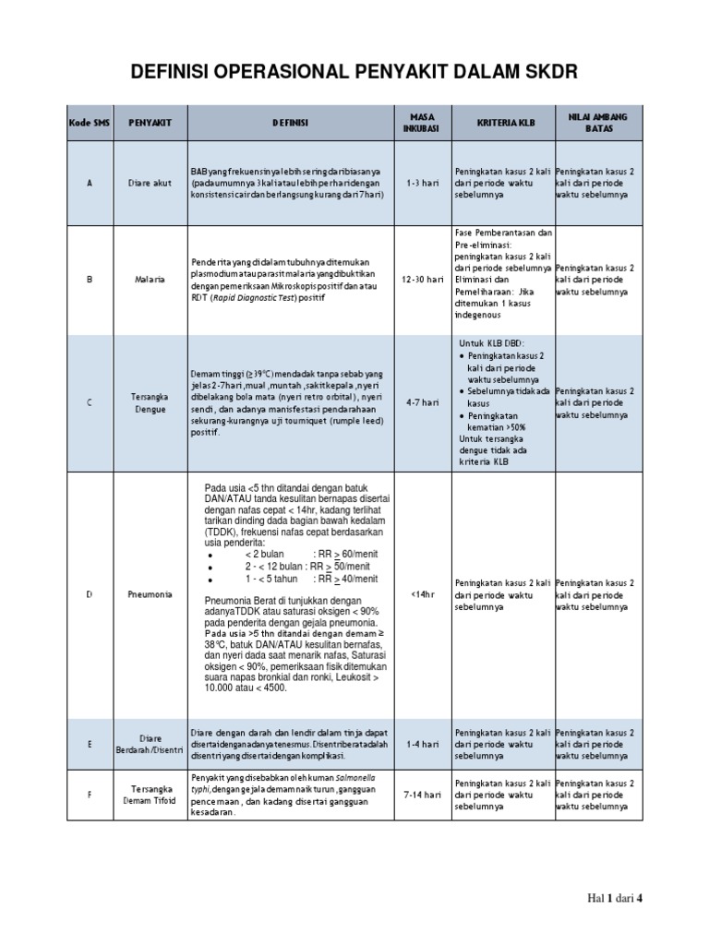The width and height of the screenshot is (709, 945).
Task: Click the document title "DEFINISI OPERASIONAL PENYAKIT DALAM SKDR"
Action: click(x=354, y=74)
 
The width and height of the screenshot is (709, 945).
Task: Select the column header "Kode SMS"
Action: click(x=90, y=123)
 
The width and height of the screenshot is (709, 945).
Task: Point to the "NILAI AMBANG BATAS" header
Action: click(x=598, y=123)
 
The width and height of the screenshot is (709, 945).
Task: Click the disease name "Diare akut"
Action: click(x=150, y=183)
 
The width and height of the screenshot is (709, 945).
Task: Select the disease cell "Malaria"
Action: click(x=150, y=279)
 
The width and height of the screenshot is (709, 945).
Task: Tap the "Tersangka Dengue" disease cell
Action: click(x=150, y=402)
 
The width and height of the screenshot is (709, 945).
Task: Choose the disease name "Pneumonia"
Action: click(x=150, y=595)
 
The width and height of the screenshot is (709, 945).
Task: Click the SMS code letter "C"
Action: click(x=90, y=402)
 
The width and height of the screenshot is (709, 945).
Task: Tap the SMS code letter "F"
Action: click(x=90, y=794)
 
